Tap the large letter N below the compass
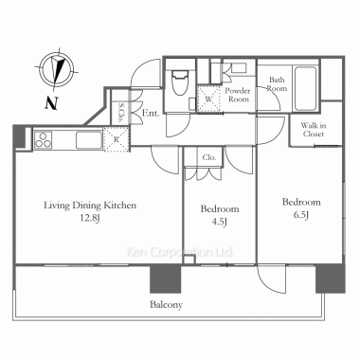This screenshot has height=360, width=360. [51, 103]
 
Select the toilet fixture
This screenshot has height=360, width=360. [179, 81]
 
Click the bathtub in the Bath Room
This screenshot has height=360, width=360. [305, 88]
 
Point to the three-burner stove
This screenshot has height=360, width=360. [44, 139]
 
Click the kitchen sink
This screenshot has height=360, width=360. [89, 140]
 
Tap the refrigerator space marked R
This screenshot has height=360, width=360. [117, 139]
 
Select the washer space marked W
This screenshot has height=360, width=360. [208, 99]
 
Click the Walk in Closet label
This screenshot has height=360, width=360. [314, 130]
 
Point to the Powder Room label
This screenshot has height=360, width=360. [238, 95]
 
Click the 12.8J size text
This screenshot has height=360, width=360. [90, 218]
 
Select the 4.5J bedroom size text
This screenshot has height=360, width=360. [220, 222]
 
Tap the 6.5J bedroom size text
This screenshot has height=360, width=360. [301, 215]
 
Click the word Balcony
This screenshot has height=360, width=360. [166, 305]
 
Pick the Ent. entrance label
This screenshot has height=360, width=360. [151, 113]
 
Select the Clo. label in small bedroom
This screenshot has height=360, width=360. [209, 157]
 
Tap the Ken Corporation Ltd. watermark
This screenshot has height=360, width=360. [180, 252]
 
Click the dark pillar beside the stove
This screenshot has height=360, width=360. [19, 136]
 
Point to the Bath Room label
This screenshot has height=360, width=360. [277, 84]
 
